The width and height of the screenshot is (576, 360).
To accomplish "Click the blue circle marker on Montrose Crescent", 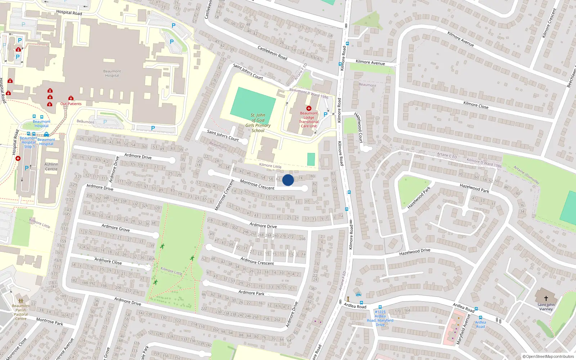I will (x=288, y=180).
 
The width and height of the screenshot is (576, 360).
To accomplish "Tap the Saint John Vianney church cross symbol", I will (x=546, y=298).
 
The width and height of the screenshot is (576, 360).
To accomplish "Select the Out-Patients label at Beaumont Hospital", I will (x=71, y=104).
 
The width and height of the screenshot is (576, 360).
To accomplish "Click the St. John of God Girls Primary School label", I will (x=258, y=123).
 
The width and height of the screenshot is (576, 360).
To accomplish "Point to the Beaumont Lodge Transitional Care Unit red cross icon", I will (x=309, y=108).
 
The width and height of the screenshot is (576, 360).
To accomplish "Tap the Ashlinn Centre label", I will (x=51, y=167).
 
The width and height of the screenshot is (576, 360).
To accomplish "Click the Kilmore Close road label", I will (x=476, y=105).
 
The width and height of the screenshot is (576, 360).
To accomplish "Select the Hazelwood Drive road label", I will (x=414, y=252).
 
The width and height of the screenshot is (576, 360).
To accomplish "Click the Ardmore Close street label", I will (x=108, y=261).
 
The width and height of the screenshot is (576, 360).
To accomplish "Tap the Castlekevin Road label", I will (x=272, y=53).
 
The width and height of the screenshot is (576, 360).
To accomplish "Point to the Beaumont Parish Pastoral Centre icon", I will (x=21, y=301).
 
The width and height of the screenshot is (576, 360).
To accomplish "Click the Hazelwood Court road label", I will (x=359, y=127).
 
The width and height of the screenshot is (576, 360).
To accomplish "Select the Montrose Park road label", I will (x=50, y=321).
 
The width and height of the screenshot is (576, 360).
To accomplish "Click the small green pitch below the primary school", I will (x=311, y=159).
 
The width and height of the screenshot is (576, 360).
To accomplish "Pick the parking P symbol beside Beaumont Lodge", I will (x=325, y=114).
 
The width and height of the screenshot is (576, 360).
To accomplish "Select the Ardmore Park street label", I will (x=251, y=293).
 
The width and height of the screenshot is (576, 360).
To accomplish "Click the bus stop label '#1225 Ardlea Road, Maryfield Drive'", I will (x=380, y=318).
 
